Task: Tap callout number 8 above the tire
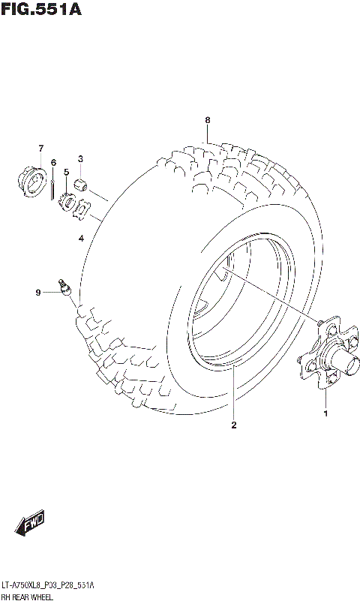[208, 120]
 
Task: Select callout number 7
[41, 148]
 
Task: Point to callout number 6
[53, 162]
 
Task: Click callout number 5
[66, 173]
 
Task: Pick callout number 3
[80, 158]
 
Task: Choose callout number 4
[81, 239]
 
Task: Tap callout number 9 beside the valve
[36, 293]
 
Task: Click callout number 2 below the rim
[234, 426]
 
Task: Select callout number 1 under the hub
[326, 413]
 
